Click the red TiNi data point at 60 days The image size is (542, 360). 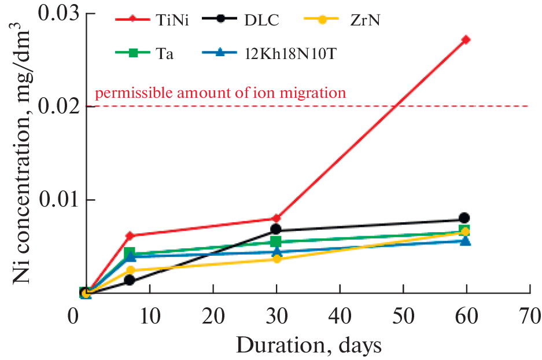pyautogui.click(x=466, y=40)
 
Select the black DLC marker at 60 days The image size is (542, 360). pyautogui.click(x=464, y=218)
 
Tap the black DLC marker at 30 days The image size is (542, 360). pyautogui.click(x=276, y=230)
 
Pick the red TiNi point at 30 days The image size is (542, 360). pyautogui.click(x=276, y=218)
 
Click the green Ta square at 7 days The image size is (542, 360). pyautogui.click(x=130, y=253)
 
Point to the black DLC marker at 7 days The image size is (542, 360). pyautogui.click(x=130, y=280)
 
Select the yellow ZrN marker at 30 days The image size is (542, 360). pyautogui.click(x=276, y=259)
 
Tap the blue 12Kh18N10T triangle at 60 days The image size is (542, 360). pyautogui.click(x=465, y=240)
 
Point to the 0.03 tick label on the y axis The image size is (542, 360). pyautogui.click(x=56, y=13)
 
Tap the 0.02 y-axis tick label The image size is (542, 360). pyautogui.click(x=56, y=106)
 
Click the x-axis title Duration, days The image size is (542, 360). pyautogui.click(x=308, y=346)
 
